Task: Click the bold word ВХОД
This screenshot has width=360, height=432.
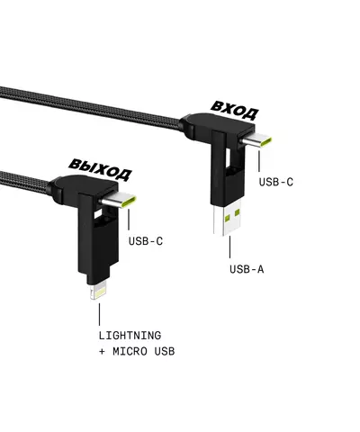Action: (234, 110)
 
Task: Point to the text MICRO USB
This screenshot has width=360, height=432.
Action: (144, 351)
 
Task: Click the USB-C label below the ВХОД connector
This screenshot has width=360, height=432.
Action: (276, 182)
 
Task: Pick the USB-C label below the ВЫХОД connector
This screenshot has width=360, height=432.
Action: (146, 240)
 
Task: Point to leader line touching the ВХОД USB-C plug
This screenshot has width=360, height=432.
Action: (260, 160)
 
